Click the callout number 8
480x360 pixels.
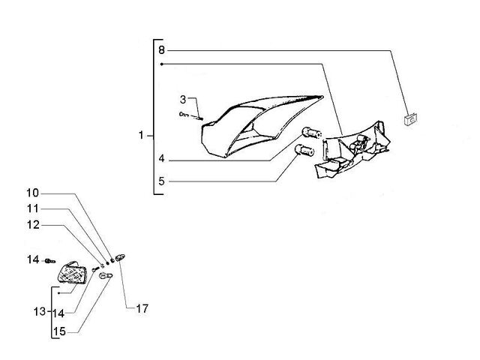click(x=162, y=50)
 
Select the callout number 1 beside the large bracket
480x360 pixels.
click(x=141, y=135)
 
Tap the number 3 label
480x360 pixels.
click(x=183, y=100)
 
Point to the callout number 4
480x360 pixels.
click(x=162, y=158)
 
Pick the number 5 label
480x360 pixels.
click(x=162, y=181)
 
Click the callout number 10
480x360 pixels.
click(x=32, y=193)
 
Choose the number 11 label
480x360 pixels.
click(x=33, y=208)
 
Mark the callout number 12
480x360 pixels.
click(x=33, y=225)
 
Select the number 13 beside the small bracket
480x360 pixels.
click(x=40, y=312)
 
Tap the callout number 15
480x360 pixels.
click(x=59, y=331)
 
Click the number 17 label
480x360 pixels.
click(x=142, y=308)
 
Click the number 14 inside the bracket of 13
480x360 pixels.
click(x=58, y=313)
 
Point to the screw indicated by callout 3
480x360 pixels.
click(x=191, y=115)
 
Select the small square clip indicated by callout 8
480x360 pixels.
click(x=410, y=118)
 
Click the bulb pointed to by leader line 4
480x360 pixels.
click(x=311, y=133)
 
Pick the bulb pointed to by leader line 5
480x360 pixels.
click(x=304, y=151)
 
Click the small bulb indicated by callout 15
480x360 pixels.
click(x=105, y=276)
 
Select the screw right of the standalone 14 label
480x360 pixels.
click(x=50, y=261)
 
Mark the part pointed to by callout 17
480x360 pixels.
click(x=121, y=258)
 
